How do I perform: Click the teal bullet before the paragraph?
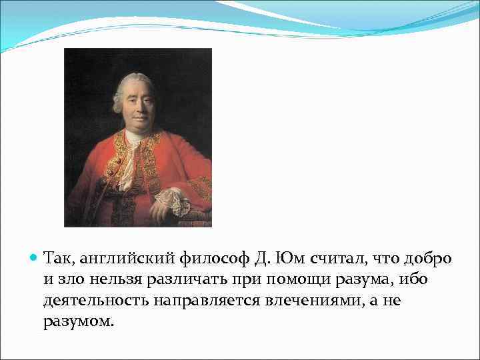click(35, 257)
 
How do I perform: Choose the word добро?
click(427, 257)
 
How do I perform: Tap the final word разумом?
click(78, 323)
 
